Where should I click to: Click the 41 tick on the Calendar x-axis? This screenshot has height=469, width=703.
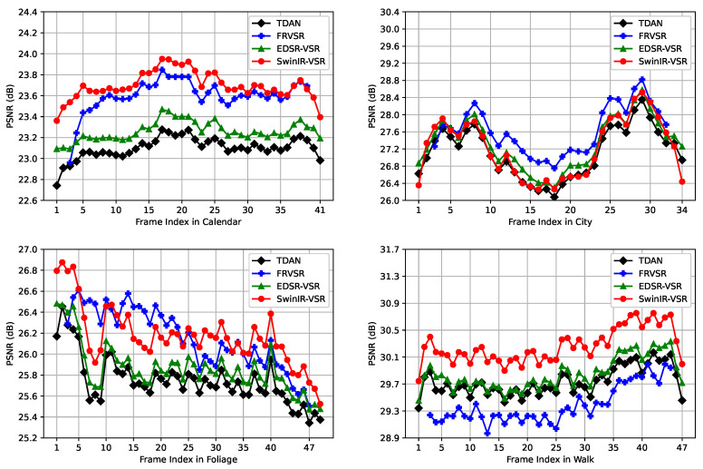[x=320, y=210]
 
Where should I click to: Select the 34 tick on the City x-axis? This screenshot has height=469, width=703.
[x=682, y=210]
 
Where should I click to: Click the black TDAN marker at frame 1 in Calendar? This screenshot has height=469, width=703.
[x=56, y=185]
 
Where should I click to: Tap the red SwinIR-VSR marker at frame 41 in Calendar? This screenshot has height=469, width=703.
[x=320, y=117]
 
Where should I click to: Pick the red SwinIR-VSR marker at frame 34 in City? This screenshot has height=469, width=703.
[x=682, y=181]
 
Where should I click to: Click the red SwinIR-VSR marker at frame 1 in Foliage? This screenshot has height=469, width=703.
[x=56, y=270]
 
